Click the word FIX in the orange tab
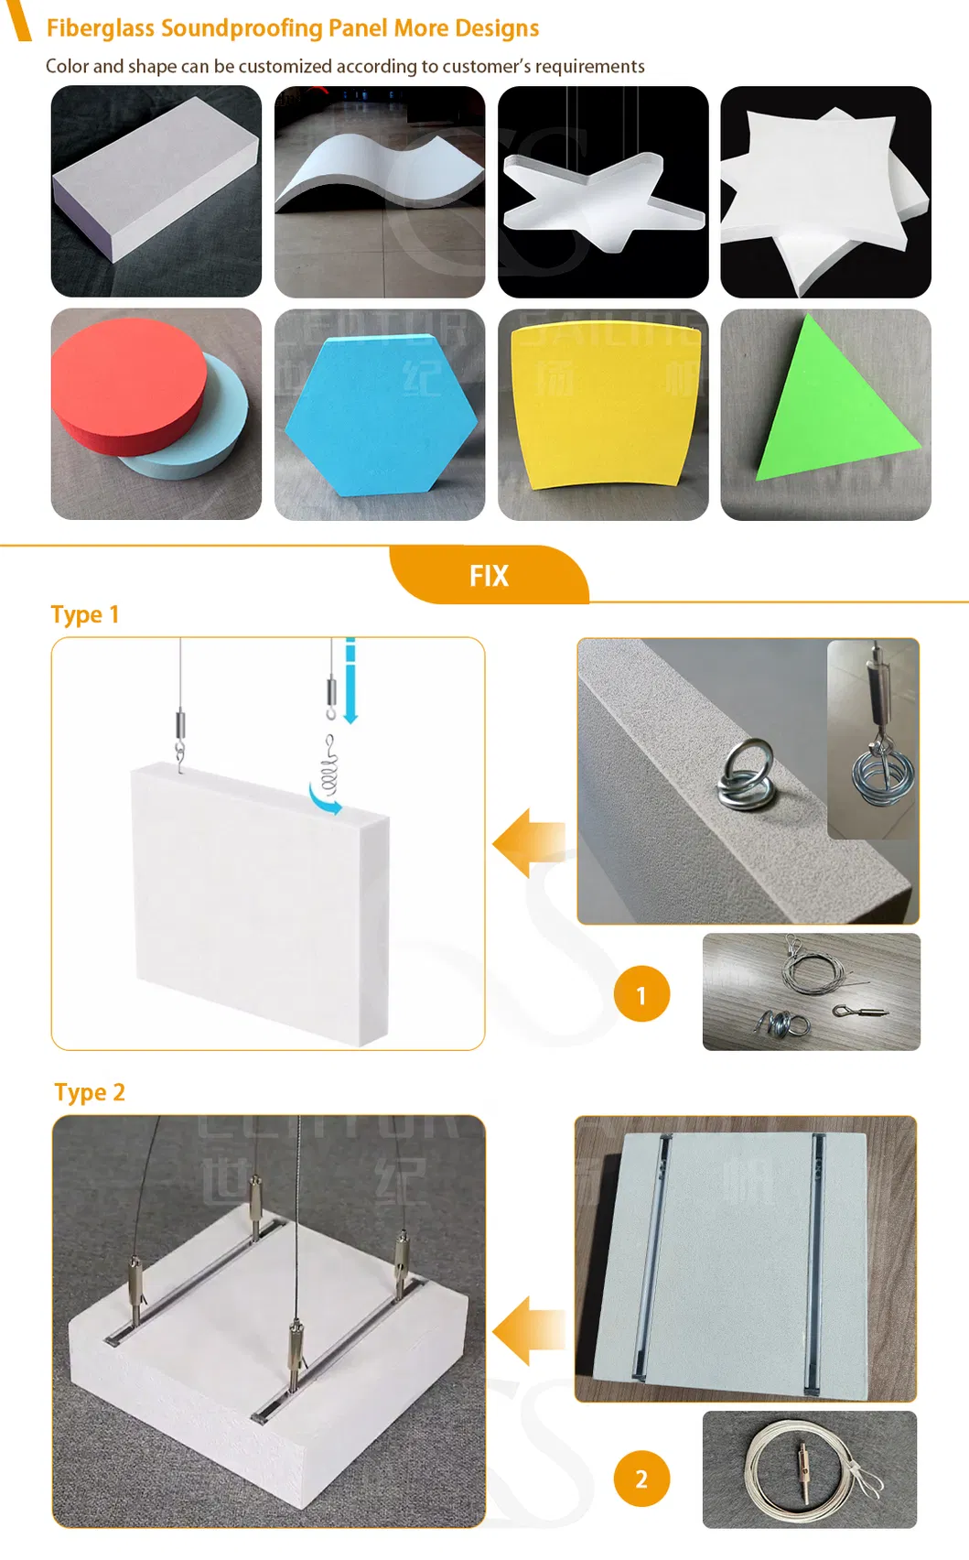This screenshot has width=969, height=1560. [489, 576]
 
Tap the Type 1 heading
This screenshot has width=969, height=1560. [85, 614]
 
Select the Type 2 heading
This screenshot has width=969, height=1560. [90, 1092]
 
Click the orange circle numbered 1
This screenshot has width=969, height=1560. [641, 994]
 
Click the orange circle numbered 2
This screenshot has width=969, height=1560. [641, 1479]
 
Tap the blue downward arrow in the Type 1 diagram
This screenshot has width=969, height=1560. [350, 682]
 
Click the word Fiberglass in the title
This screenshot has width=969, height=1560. [101, 28]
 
